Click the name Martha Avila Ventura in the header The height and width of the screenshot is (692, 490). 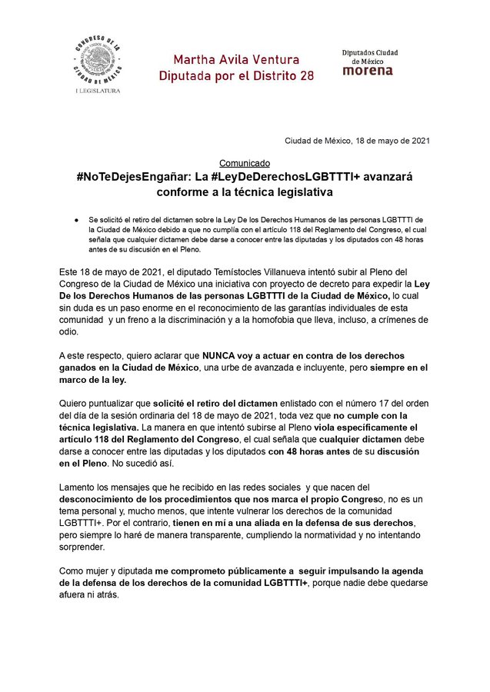pyautogui.click(x=235, y=59)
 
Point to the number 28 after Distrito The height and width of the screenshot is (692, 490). pyautogui.click(x=305, y=76)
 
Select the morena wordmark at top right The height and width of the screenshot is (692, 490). pyautogui.click(x=367, y=71)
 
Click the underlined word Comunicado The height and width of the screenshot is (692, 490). pyautogui.click(x=245, y=163)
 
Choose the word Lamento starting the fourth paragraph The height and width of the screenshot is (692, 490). pyautogui.click(x=80, y=487)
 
